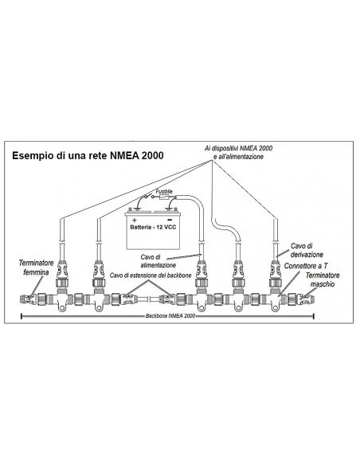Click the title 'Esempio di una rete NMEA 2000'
88,156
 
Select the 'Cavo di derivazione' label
308,250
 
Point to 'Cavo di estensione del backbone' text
151,275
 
